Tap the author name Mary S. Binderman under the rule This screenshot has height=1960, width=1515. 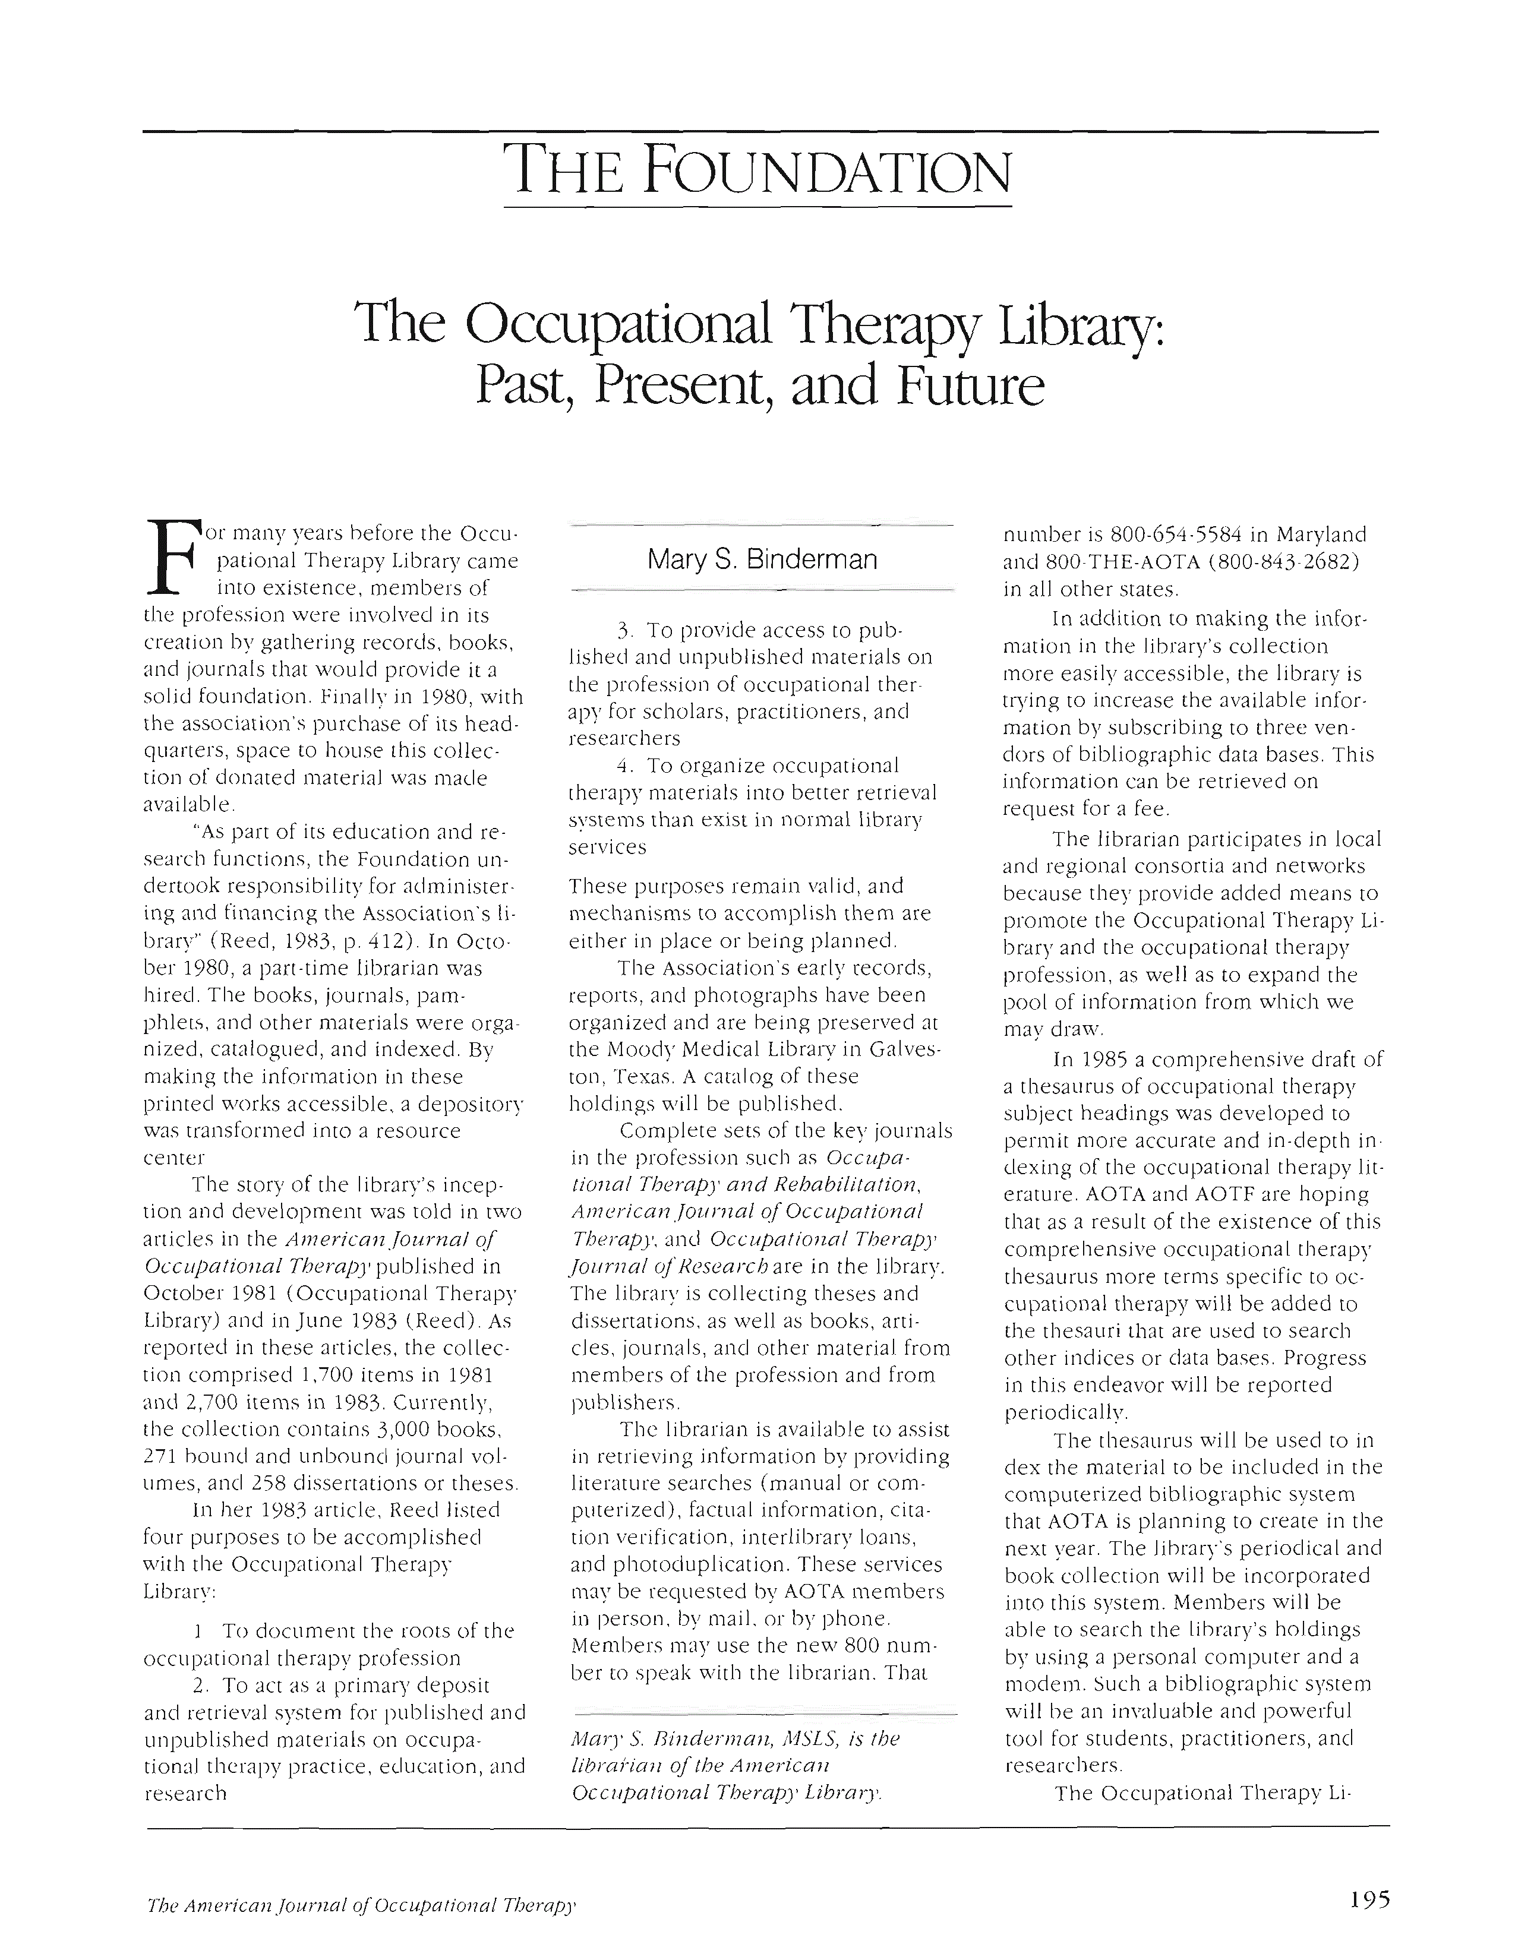(x=762, y=560)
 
